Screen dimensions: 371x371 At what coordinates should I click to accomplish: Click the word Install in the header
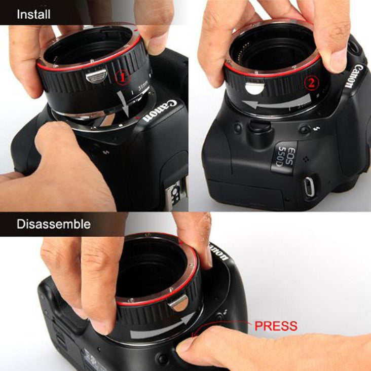pyautogui.click(x=33, y=14)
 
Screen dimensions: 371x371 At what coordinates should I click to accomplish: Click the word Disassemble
pyautogui.click(x=54, y=224)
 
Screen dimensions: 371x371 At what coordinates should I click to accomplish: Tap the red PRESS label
pyautogui.click(x=276, y=326)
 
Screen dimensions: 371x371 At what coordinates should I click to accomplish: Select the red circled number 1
pyautogui.click(x=123, y=78)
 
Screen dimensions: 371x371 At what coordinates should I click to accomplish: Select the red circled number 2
pyautogui.click(x=312, y=83)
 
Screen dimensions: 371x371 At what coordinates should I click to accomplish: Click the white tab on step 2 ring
pyautogui.click(x=254, y=87)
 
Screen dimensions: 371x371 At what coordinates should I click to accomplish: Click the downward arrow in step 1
pyautogui.click(x=124, y=103)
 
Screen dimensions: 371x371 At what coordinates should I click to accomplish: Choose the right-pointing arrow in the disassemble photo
pyautogui.click(x=161, y=326)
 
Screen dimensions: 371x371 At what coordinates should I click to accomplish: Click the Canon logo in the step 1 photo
pyautogui.click(x=160, y=110)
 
